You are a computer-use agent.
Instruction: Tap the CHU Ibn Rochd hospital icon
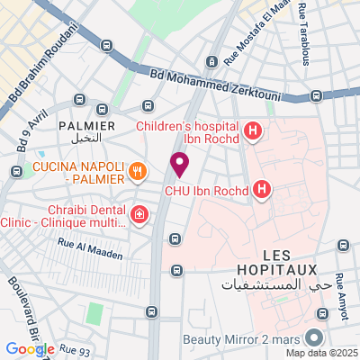(262, 189)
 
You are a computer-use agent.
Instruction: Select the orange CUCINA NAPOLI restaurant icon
(137, 169)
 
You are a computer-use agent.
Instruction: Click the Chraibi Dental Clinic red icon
(139, 214)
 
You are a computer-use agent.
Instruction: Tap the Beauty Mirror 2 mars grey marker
(314, 338)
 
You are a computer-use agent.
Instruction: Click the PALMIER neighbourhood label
(86, 126)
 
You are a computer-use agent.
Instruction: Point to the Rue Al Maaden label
(89, 255)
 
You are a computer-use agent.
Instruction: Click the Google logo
(30, 349)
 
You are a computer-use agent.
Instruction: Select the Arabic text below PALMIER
(87, 141)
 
